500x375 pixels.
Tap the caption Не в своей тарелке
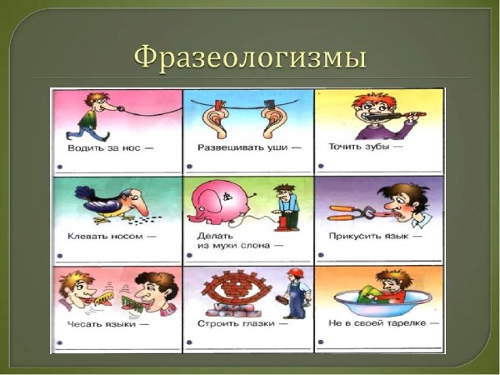(x=376, y=323)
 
